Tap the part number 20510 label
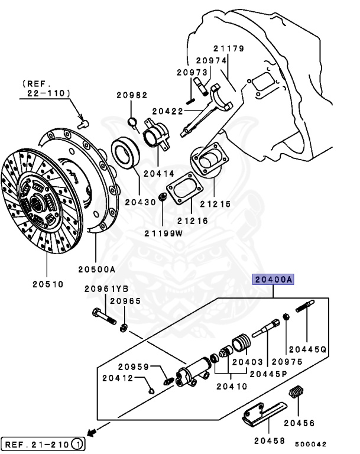pos(48,284)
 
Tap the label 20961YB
pos(106,288)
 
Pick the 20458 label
pos(270,440)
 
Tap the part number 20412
pos(118,378)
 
